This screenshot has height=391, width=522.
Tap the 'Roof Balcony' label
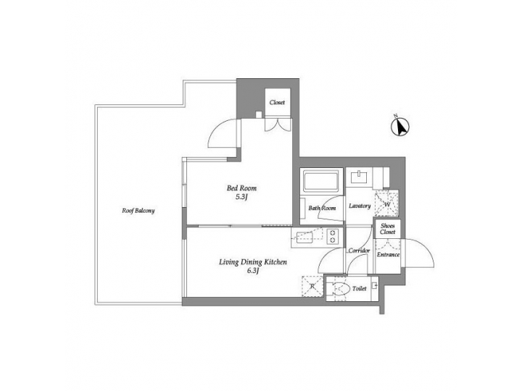138,211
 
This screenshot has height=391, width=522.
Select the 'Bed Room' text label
241,188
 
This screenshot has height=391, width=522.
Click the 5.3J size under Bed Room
241,197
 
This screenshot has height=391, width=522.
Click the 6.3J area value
253,271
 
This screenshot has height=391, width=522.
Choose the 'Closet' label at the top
277,103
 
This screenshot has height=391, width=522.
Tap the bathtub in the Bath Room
321,181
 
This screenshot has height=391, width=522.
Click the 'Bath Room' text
321,208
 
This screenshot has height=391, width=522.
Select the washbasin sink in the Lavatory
360,177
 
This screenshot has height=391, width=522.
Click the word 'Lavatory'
360,206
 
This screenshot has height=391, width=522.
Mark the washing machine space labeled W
386,203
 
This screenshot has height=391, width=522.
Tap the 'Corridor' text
359,251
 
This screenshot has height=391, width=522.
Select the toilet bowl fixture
339,289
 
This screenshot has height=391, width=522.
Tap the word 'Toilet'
357,288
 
